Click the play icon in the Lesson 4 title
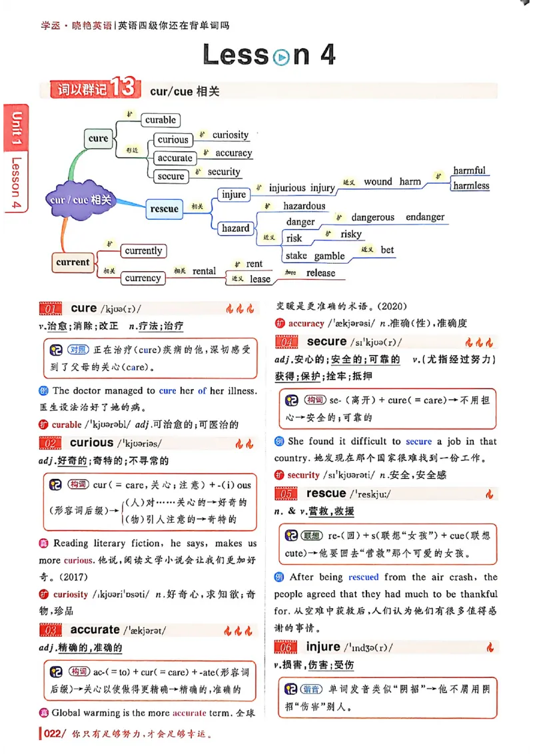[281, 57]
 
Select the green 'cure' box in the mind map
[98, 139]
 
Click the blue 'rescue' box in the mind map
[164, 209]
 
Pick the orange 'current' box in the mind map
[73, 262]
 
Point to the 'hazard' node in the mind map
[235, 228]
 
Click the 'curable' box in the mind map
[161, 120]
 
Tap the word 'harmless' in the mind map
[471, 186]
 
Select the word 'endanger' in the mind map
[425, 217]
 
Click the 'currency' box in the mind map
[143, 278]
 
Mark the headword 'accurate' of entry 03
[95, 629]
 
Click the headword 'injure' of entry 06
[323, 647]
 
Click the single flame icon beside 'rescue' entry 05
[490, 494]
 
